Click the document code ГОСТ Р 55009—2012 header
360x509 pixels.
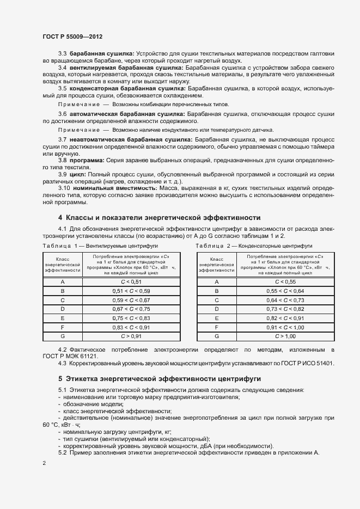[72, 36]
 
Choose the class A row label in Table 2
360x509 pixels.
[217, 281]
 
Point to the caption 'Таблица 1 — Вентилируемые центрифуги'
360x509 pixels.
[92, 246]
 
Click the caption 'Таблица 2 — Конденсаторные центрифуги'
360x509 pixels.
[251, 246]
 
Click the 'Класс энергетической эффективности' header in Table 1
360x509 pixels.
[63, 265]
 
